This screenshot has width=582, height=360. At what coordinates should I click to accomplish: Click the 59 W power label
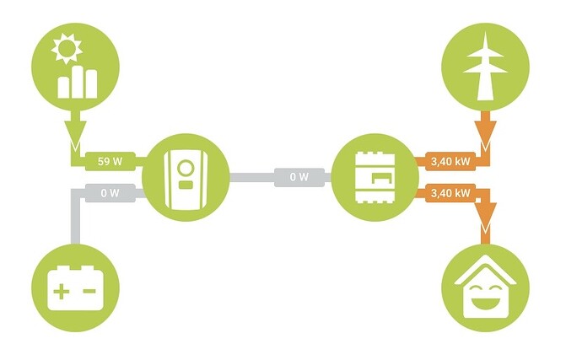coord(110,161)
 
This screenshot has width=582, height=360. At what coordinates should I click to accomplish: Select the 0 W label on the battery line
coord(110,193)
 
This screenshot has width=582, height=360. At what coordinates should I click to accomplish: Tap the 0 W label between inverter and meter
coord(299,177)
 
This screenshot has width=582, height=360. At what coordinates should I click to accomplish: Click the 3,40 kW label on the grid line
coord(450,161)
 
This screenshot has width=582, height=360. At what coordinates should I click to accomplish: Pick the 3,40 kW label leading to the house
coord(450,193)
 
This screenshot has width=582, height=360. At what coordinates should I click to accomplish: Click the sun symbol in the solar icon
coord(67,48)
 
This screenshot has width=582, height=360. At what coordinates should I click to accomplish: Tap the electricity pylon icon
coord(485,66)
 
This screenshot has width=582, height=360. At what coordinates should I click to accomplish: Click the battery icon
coord(75,288)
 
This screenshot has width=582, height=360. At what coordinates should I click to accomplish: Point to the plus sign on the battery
coord(62,292)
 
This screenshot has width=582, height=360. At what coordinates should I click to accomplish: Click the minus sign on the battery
coord(89,291)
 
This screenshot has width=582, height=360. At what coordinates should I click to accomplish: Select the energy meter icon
coord(375,177)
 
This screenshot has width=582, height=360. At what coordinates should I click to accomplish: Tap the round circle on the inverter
coord(186,168)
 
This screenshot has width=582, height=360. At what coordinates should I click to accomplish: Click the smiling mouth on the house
coord(485,302)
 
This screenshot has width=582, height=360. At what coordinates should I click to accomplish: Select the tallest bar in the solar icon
coord(78,82)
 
